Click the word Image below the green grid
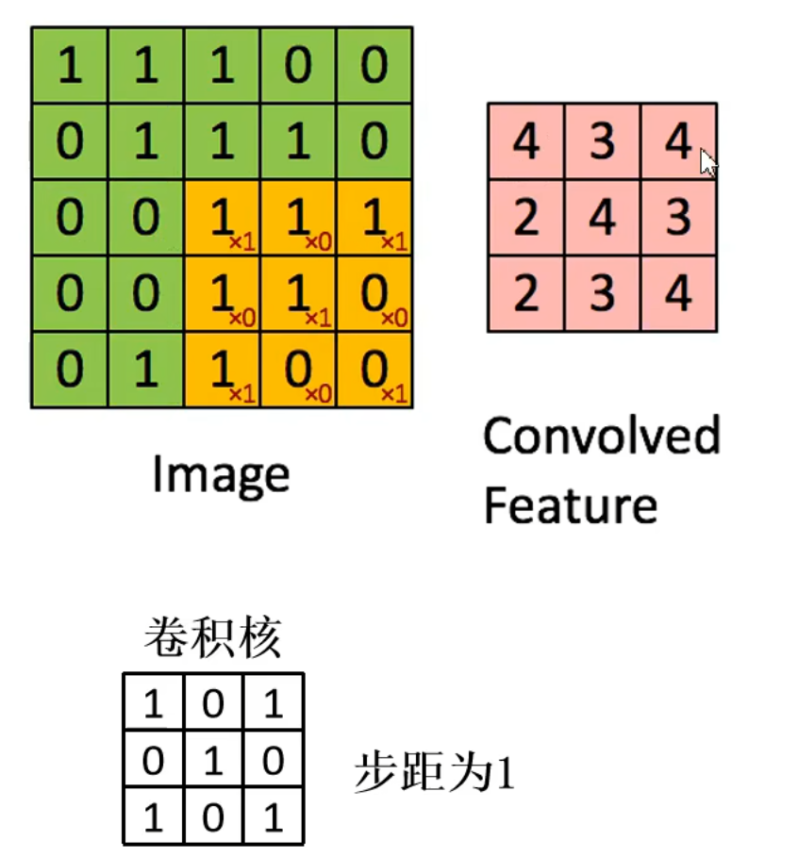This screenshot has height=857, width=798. coord(221,475)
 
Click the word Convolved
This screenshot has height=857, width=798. coord(601,436)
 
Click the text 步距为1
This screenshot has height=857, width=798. coord(435,775)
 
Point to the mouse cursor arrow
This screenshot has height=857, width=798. coord(707,161)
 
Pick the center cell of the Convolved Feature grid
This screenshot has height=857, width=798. coord(602,218)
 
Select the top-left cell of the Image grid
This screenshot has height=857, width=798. coord(70,66)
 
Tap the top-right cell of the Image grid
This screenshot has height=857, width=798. coord(374,66)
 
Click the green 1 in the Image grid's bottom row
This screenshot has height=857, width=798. coord(146,370)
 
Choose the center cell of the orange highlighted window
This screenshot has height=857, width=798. coord(298,293)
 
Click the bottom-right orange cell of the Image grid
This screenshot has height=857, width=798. coord(374,370)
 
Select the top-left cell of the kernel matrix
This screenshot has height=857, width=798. coord(153,703)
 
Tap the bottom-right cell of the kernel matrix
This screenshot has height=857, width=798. coord(274,816)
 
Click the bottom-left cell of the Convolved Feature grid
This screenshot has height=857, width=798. coord(525,293)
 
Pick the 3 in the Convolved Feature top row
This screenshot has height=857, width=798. coord(602,141)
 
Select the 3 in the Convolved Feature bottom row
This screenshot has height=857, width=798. coord(602,293)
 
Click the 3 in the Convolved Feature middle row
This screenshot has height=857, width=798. coord(677,218)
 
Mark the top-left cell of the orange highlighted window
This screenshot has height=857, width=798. coord(223,218)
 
